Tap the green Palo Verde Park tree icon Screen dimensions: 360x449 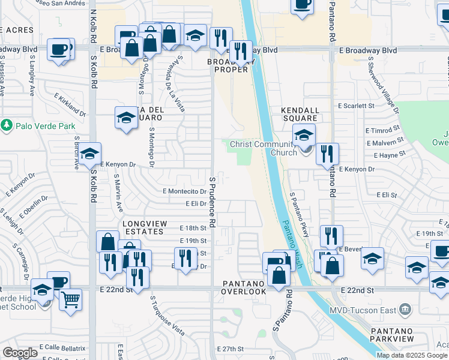point(7,126)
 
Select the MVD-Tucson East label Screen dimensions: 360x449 point(364,310)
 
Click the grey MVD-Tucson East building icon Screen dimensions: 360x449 point(406,310)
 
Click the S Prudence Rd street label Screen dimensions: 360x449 point(212,204)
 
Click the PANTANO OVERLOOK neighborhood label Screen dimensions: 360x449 point(244,287)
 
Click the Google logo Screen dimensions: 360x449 point(20,353)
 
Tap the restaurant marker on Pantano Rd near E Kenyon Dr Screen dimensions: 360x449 point(327,154)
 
